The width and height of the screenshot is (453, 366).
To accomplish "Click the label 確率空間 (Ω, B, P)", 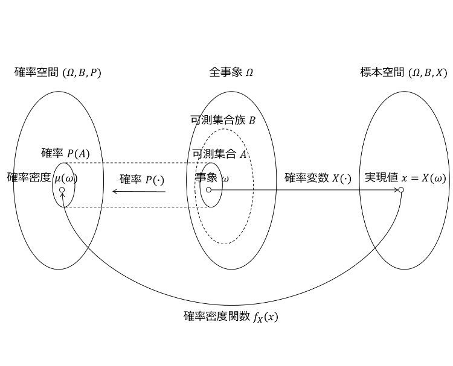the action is point(58,72).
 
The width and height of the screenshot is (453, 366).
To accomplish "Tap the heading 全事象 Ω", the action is point(231,72).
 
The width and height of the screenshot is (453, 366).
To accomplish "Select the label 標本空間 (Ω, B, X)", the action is point(403,72).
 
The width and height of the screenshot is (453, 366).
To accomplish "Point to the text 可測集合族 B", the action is point(223,120).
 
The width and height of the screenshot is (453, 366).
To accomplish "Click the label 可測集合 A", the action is point(220,154).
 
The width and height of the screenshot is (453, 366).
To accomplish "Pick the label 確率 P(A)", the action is point(65,153).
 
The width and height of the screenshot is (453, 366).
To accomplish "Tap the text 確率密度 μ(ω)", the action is point(42,178).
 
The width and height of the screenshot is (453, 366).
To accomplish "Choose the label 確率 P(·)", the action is point(142,180).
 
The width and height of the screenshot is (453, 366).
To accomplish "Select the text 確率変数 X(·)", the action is point(318,178).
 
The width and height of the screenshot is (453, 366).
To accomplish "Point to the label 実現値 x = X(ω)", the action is point(405,178).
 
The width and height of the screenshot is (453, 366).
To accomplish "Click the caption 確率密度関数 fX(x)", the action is point(231,317).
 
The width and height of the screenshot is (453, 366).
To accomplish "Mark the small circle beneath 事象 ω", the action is point(208,190).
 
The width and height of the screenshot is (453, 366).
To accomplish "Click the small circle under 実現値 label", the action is point(401,190).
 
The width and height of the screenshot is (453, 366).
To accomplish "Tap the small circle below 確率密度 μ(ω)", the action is point(62,190).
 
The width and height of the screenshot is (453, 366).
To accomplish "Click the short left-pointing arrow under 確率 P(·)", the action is point(139,191).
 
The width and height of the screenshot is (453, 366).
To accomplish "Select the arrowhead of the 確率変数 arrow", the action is point(396,190).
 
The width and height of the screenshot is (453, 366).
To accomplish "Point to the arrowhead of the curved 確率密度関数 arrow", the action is point(62,194).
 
